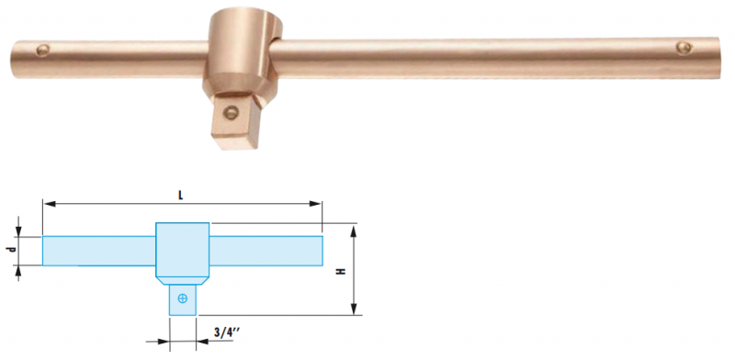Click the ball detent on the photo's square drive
click(231, 111)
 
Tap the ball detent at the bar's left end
click(43, 50)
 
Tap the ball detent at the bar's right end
click(683, 48)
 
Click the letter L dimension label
click(181, 196)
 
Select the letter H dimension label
click(342, 271)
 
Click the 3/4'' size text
click(227, 332)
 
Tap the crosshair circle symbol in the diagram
click(183, 298)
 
